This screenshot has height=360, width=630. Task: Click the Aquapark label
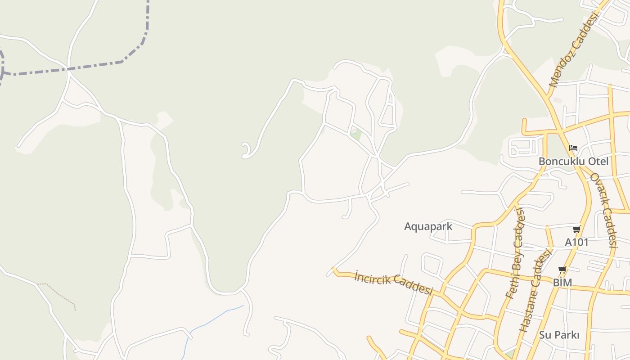point(428,226)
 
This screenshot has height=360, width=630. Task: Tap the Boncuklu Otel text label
point(573,161)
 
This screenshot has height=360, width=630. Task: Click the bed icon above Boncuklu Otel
point(573,148)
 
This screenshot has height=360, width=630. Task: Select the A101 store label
point(576,242)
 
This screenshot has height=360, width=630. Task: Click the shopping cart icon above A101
point(576,229)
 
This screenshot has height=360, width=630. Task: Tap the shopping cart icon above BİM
point(562,270)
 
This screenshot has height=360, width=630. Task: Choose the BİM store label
point(562,283)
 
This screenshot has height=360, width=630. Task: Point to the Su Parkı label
point(559,335)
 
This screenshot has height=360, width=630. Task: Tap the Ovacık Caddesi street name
point(603,210)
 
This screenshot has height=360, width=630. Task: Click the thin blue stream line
point(211,320)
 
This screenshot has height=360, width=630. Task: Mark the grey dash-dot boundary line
point(90,67)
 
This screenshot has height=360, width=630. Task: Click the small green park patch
point(355,134)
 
